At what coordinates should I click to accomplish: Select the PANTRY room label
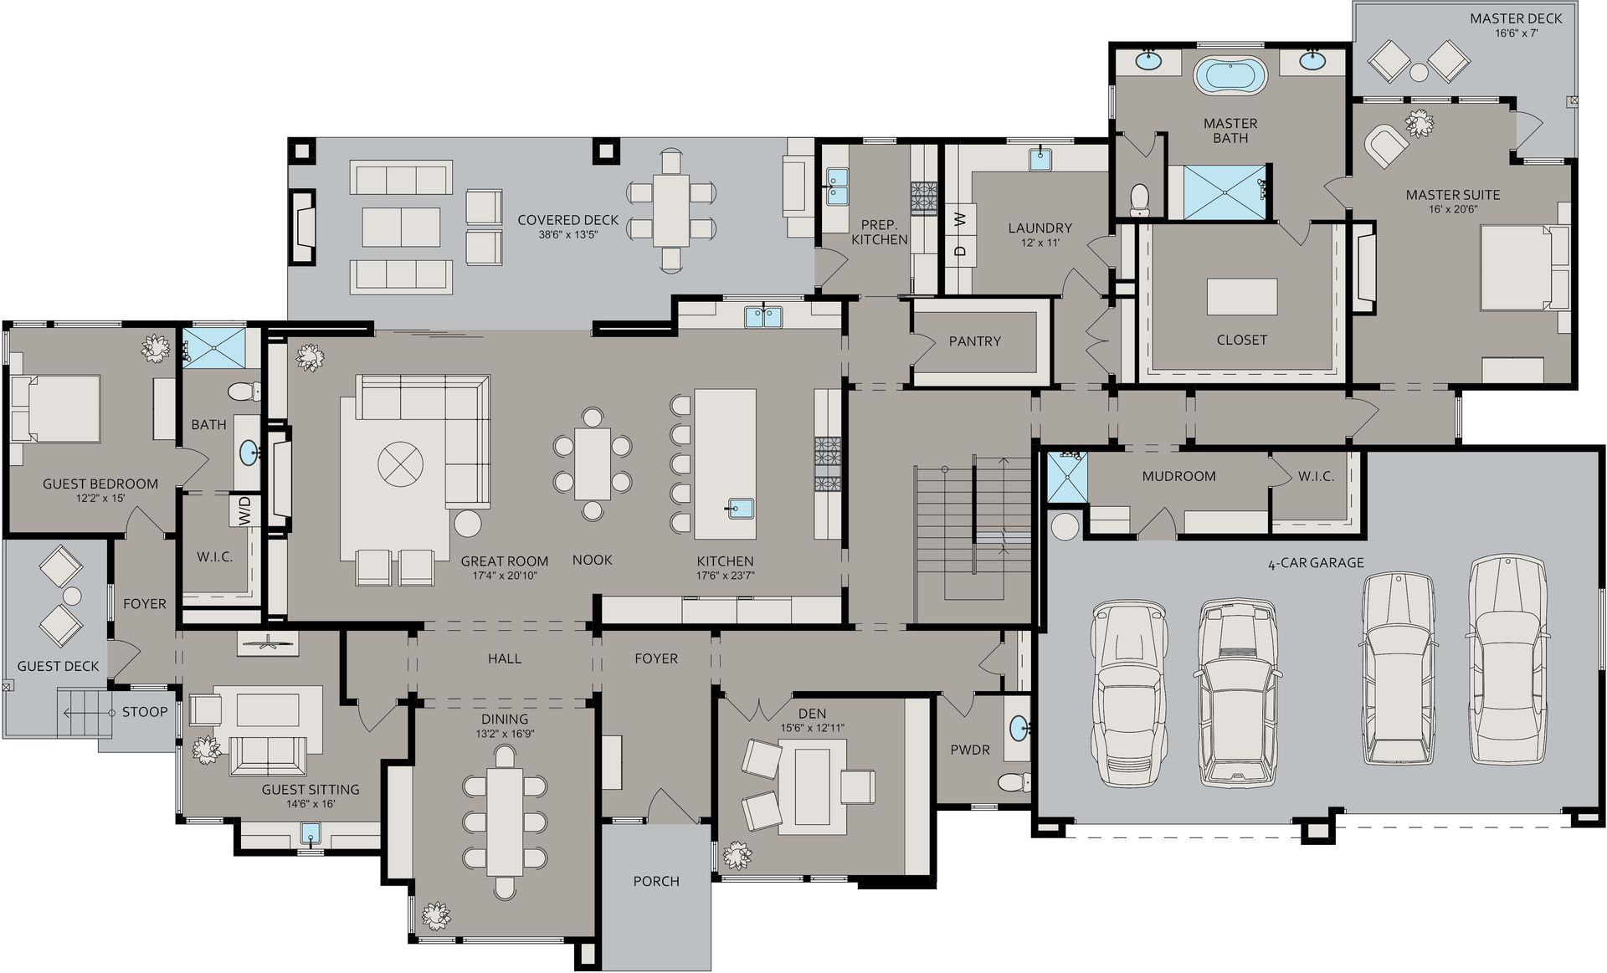point(974,341)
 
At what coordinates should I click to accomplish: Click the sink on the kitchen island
point(740,508)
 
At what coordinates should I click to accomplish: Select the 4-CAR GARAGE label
point(1317,563)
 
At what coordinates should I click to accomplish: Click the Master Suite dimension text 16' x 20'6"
point(1452,209)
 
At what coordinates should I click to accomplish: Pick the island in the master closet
point(1241,297)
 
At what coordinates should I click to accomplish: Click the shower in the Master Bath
point(1225,192)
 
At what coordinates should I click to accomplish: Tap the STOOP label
point(145,712)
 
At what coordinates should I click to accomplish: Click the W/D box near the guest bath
point(244,511)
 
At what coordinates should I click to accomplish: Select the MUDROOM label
point(1178,476)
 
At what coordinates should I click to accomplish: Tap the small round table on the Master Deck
point(1419,73)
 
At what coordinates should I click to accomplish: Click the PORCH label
point(656,881)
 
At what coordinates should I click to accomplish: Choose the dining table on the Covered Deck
point(671,209)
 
